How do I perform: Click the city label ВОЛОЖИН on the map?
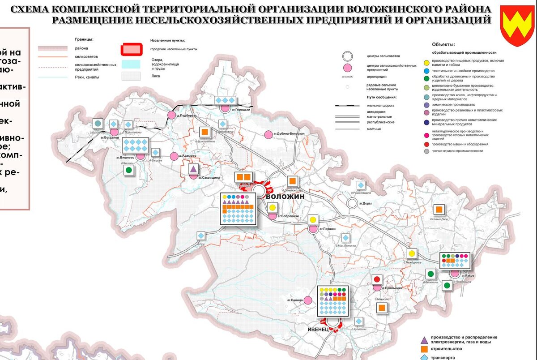(285, 197)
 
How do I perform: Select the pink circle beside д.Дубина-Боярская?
(268, 134)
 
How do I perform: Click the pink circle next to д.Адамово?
(174, 156)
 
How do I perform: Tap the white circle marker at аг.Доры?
(352, 204)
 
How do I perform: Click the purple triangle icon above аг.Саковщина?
(193, 169)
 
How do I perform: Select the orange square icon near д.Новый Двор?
(439, 210)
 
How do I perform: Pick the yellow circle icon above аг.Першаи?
(313, 219)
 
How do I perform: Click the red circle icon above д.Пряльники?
(377, 279)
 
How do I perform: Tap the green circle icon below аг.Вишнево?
(129, 170)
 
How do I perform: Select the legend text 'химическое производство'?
(454, 104)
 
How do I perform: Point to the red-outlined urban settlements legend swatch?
(132, 49)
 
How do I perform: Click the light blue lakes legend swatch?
(132, 64)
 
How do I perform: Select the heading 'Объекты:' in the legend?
(443, 44)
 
